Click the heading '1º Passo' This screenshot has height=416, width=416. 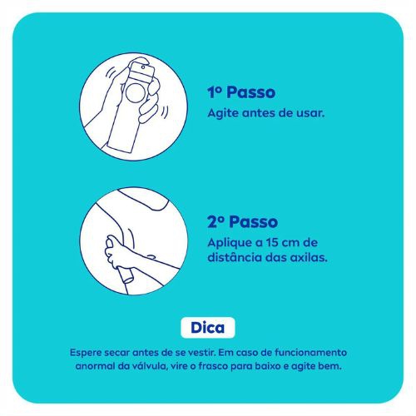click(x=241, y=93)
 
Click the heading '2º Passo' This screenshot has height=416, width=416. click(x=242, y=222)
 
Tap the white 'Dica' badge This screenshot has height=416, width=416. click(x=208, y=327)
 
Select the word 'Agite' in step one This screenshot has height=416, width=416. click(x=220, y=112)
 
